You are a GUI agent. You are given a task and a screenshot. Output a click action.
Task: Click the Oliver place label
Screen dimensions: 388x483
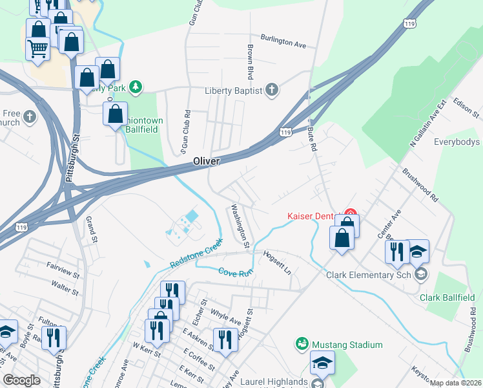coord(207,161)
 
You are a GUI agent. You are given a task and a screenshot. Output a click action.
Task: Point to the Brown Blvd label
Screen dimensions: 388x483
coord(249,58)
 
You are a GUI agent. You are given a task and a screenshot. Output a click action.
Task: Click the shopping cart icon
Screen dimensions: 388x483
coord(37,47)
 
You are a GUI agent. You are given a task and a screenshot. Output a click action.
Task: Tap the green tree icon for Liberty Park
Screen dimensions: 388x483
coord(135,87)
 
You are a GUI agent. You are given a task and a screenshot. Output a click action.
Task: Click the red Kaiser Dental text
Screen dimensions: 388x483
coord(314,216)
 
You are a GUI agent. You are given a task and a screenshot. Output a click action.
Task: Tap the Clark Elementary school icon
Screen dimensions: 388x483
coord(421,275)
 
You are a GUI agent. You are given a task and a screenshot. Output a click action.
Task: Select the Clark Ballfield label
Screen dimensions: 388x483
coord(447,297)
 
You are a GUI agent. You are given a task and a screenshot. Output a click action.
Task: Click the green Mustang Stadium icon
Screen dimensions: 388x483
coord(301,345)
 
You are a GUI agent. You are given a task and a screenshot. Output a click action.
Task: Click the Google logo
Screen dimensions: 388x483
coord(22,380)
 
